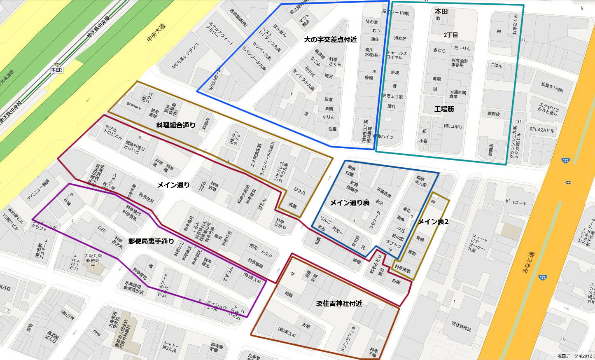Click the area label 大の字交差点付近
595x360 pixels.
point(330,40)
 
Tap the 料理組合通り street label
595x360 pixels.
point(176,125)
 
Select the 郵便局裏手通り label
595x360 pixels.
point(151,241)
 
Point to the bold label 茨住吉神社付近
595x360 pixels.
point(339,304)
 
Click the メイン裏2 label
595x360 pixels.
point(433,222)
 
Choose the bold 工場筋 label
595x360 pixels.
point(444,109)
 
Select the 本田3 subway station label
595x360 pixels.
point(56,70)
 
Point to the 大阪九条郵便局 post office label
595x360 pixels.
point(93,258)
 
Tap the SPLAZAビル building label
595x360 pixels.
point(542,129)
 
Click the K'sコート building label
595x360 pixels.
point(516,202)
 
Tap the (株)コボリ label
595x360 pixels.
point(453,126)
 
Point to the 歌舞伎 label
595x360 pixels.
point(494,114)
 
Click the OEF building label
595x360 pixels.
point(102,228)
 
